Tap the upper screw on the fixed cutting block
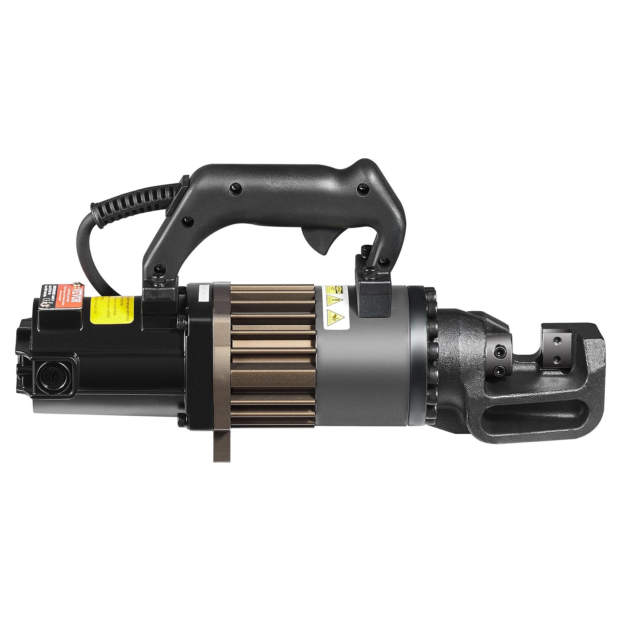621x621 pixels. click(x=557, y=341)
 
